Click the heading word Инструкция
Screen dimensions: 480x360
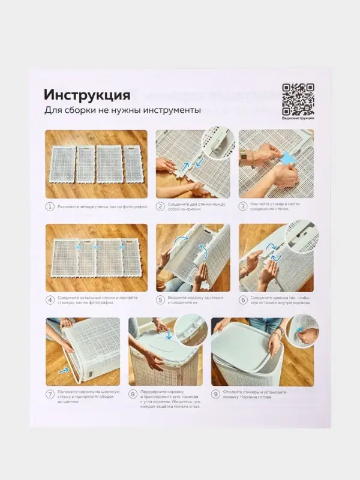[86, 95]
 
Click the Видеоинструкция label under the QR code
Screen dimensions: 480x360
[298, 118]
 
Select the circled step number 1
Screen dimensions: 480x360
[50, 206]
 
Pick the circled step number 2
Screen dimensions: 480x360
[161, 206]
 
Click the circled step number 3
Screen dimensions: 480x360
[243, 206]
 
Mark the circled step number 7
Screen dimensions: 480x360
[50, 394]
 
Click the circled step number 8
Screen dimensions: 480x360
[133, 394]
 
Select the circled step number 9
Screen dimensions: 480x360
[215, 394]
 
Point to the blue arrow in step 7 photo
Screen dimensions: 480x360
[64, 371]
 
